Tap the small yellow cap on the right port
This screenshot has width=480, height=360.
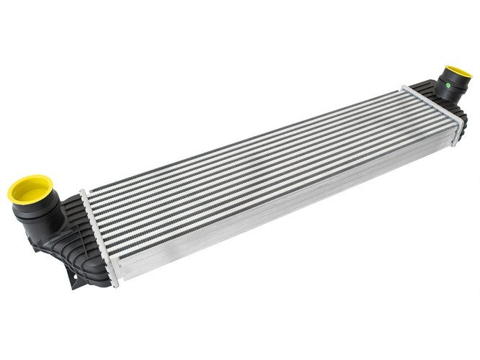(x=455, y=73)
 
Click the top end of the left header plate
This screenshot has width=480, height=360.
(x=84, y=193)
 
